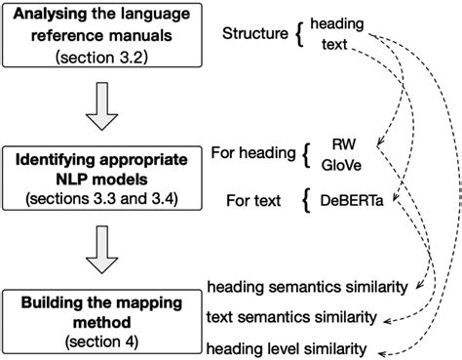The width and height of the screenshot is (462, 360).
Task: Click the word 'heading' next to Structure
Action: (335, 21)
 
